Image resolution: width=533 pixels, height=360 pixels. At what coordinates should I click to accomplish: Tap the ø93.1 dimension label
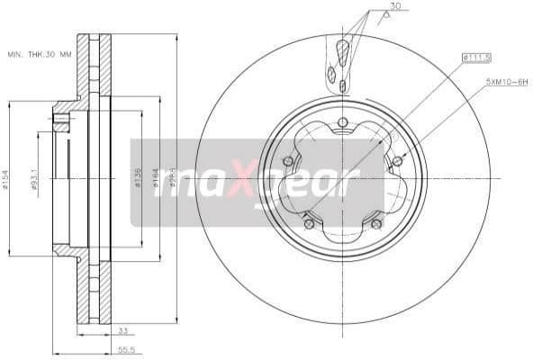pos(35,179)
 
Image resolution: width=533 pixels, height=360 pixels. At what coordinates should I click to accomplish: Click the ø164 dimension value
pos(157,179)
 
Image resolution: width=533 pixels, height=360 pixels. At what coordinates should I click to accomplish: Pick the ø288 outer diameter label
pos(172,179)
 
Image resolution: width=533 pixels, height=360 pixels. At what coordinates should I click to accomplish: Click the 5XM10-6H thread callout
pos(508,80)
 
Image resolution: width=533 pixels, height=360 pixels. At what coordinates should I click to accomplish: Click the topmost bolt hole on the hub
pos(343,124)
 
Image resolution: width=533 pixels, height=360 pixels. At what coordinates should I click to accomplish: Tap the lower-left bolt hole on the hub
pos(309,223)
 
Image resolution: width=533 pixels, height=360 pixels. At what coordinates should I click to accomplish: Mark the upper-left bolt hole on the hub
pos(288,162)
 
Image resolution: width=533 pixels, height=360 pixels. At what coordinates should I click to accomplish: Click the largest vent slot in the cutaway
pos(343,49)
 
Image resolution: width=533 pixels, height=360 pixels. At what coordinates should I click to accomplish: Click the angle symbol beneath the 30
pos(382,17)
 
